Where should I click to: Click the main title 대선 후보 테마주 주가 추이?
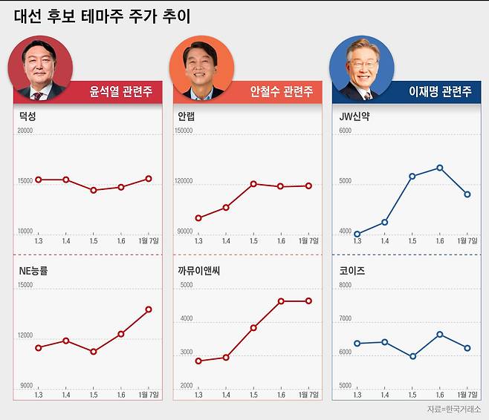tap(102, 16)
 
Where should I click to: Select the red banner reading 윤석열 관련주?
tap(122, 92)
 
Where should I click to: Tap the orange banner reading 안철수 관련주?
tap(282, 92)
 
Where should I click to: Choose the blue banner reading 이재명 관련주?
tap(440, 92)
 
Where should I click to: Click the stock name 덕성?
tap(27, 117)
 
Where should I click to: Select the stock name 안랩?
tap(187, 117)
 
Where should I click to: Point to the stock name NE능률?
tap(33, 272)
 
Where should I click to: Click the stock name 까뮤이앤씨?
tap(198, 272)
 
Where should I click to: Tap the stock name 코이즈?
tap(351, 272)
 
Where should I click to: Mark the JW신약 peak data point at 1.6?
tap(440, 168)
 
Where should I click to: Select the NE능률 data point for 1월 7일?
tap(149, 309)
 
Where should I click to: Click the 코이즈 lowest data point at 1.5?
tap(412, 356)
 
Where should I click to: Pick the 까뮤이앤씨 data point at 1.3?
tap(198, 361)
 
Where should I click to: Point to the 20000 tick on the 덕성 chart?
tap(25, 131)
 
